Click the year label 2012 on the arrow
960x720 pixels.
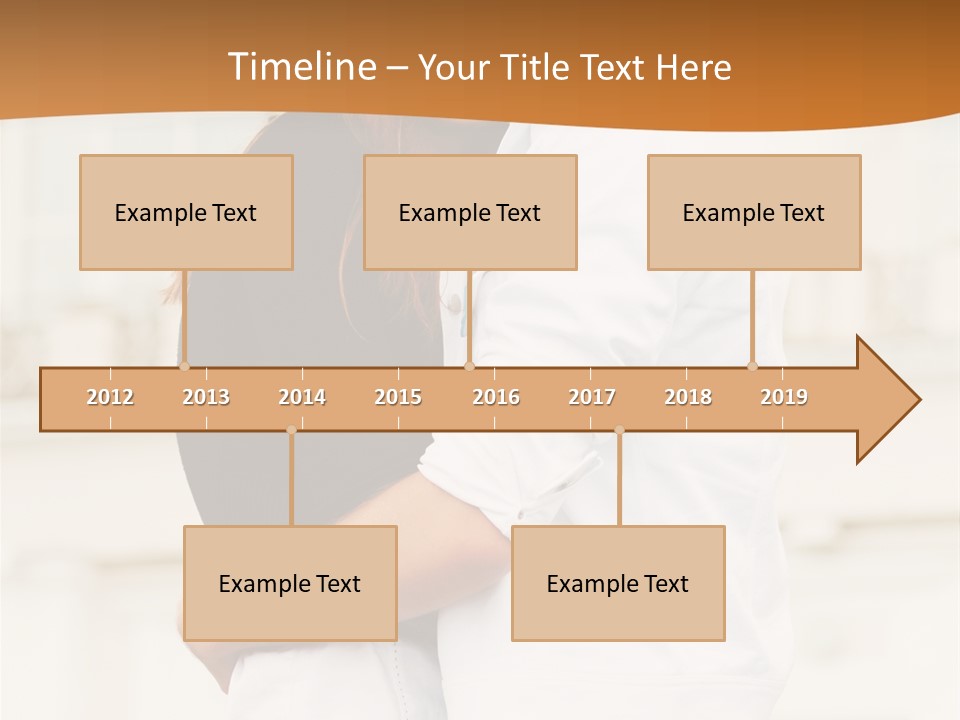(x=110, y=397)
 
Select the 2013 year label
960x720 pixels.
(x=206, y=397)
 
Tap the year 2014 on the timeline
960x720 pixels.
(x=302, y=397)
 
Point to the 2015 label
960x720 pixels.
(x=398, y=397)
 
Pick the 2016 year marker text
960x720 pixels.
(x=496, y=397)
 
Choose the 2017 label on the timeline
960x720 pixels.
(x=592, y=397)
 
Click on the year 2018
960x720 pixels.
(x=688, y=397)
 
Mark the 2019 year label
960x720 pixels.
(x=784, y=397)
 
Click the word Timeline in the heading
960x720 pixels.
(x=300, y=67)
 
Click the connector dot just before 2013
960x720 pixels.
(x=184, y=366)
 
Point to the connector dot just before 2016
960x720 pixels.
(x=469, y=366)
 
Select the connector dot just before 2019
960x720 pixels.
(x=752, y=366)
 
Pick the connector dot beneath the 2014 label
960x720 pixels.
(x=291, y=430)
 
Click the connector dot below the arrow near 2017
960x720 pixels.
(x=619, y=430)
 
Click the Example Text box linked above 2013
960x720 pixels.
(x=186, y=212)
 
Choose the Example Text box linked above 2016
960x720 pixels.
(x=470, y=212)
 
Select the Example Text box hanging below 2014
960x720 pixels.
(x=290, y=583)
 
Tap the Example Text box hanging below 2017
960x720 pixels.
(x=618, y=583)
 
